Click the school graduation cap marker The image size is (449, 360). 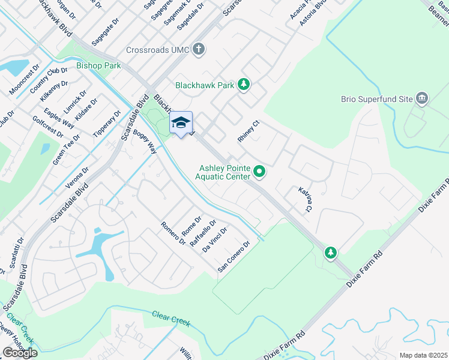pos(181,123)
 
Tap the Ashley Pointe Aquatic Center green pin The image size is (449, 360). pos(259,172)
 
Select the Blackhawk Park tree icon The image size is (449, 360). pos(243,85)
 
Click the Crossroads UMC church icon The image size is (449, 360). pos(199,49)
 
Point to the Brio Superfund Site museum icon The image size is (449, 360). pos(422,98)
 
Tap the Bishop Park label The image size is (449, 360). pos(98,65)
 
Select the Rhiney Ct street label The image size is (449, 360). pos(248,131)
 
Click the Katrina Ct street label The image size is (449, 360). pos(305,199)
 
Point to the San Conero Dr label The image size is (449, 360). pos(234,257)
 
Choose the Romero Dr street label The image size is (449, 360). pos(173,233)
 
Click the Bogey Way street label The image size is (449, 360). pos(145,142)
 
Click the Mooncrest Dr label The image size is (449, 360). pos(24,80)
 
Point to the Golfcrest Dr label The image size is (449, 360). pos(47,127)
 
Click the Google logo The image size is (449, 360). pos(20,353)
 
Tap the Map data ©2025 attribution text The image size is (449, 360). pos(423,355)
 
